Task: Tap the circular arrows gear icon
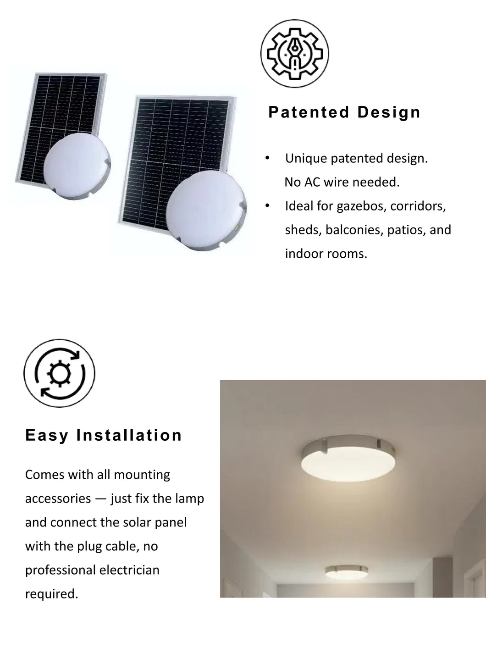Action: coord(59,374)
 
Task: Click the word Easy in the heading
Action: coord(47,435)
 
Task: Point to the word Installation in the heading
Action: coord(129,435)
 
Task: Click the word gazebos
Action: coord(361,206)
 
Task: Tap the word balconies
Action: coord(353,230)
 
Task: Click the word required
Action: coord(51,594)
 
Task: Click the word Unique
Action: coord(306,159)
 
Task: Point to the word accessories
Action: coord(58,498)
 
